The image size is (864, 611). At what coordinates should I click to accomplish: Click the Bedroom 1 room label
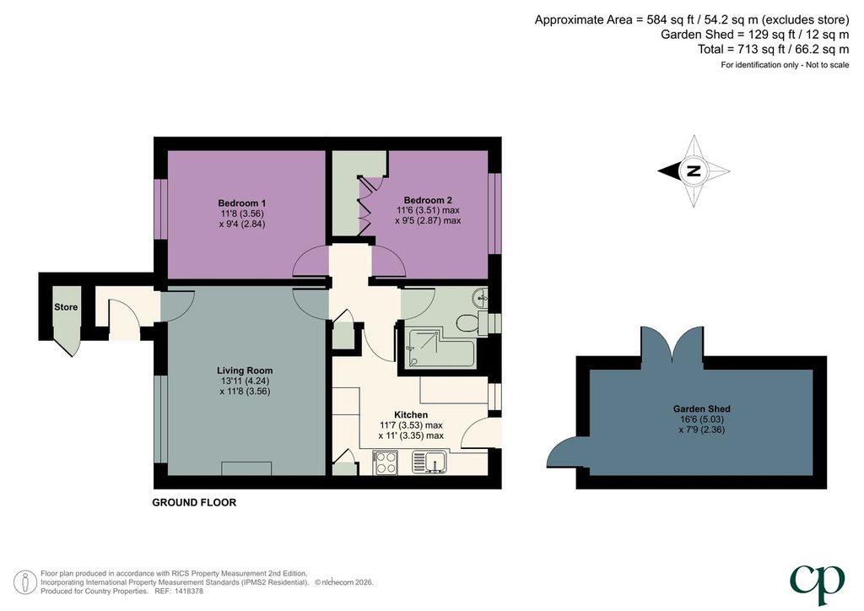242,203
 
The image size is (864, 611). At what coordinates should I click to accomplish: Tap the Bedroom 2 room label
428,201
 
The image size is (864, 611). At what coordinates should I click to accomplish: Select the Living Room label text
245,370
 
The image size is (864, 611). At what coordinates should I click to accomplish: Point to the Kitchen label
411,415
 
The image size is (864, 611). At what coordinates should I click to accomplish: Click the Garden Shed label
701,408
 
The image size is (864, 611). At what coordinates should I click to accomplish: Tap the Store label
66,307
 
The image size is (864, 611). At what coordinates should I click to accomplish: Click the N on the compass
694,170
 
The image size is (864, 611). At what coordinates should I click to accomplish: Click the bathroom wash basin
480,298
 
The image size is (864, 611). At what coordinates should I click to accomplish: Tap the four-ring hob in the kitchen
385,462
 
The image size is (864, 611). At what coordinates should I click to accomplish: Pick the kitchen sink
429,462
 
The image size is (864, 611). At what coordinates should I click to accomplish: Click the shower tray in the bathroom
439,349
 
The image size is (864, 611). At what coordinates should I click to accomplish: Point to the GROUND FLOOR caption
194,502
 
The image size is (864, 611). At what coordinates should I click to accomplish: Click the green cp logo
818,585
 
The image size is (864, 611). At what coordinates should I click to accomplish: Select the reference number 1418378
188,591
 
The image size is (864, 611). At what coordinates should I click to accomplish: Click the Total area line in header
774,50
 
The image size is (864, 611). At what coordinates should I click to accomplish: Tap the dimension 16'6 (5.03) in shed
701,419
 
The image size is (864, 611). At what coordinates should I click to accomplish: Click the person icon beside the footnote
24,581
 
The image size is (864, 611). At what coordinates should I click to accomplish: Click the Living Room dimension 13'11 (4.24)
245,381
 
